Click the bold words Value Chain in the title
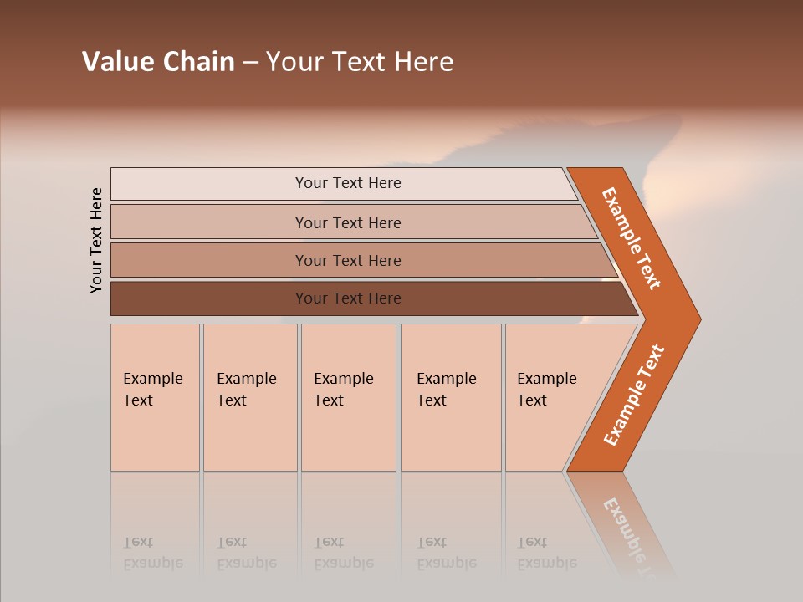tap(158, 62)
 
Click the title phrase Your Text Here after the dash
tap(360, 62)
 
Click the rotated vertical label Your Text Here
tap(96, 240)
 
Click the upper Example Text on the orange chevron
tap(632, 238)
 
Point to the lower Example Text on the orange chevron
tap(634, 395)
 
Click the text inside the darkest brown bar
tap(348, 298)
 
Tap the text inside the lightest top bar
tap(348, 183)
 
